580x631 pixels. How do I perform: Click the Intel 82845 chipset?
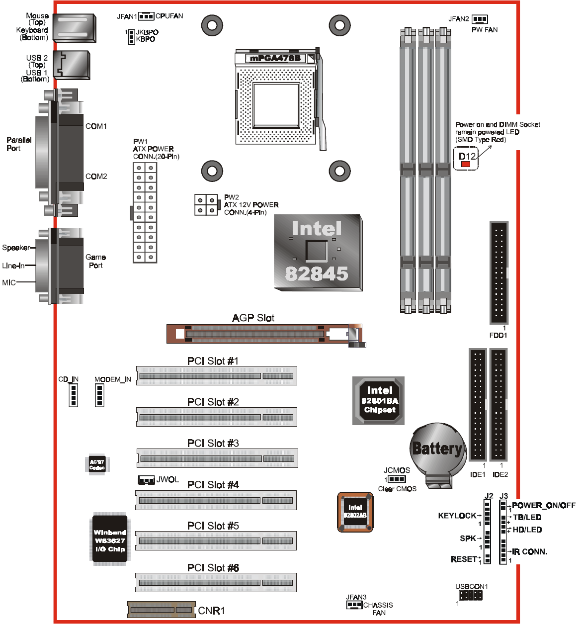(318, 252)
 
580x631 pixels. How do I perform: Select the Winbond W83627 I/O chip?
(110, 540)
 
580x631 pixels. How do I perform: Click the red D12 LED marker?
(466, 164)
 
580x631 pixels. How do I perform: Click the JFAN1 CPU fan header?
(146, 16)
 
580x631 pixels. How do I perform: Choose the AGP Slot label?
(253, 318)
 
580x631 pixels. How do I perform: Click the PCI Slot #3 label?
(213, 443)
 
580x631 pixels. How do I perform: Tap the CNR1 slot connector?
(161, 610)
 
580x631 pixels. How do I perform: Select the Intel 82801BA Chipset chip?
(379, 400)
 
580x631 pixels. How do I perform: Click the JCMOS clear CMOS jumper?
(396, 479)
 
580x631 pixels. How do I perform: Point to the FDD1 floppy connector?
(498, 273)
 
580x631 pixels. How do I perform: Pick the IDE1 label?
(478, 474)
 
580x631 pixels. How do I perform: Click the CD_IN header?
(74, 395)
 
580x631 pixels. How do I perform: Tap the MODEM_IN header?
(99, 395)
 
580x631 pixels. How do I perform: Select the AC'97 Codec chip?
(97, 464)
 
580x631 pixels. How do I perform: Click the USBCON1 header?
(470, 595)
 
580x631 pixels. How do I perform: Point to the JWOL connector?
(146, 480)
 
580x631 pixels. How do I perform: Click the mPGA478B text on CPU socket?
(275, 58)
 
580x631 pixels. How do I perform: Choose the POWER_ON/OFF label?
(543, 505)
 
